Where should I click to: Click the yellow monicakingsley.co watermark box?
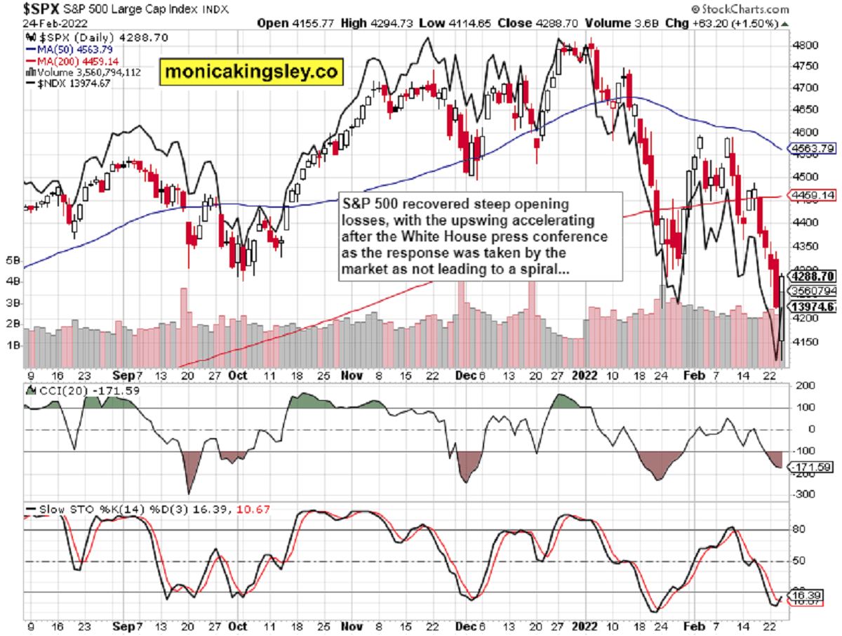point(251,71)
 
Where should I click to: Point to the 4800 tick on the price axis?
point(801,45)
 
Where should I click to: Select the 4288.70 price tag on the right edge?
point(812,276)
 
